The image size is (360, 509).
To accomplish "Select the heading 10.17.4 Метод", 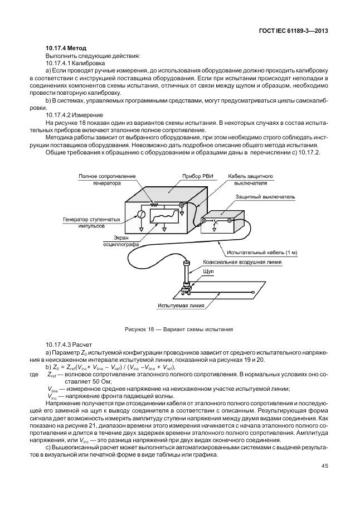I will pyautogui.click(x=66, y=49).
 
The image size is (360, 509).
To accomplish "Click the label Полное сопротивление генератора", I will pyautogui.click(x=107, y=180).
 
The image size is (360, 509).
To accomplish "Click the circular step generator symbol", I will pyautogui.click(x=141, y=214).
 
